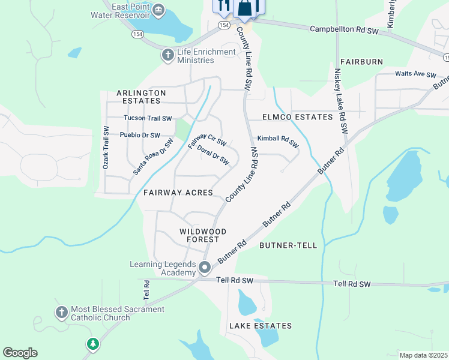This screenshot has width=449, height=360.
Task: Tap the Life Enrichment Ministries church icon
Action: tap(168, 55)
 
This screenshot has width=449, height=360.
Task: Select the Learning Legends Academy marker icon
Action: tap(205, 268)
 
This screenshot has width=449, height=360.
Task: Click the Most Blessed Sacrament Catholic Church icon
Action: tap(61, 313)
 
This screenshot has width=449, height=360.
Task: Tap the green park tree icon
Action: tap(92, 344)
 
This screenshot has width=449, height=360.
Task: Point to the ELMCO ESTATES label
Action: tap(297, 117)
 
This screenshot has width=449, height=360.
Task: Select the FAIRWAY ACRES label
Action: tap(178, 193)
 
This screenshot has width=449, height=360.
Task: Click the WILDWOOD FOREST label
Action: tap(203, 235)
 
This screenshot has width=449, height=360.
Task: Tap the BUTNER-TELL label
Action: tap(284, 246)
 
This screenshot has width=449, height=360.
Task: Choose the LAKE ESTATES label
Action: tap(261, 326)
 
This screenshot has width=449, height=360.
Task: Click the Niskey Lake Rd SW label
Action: tap(340, 100)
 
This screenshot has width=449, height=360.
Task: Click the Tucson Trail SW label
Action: tap(148, 119)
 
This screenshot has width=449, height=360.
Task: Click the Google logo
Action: tap(20, 353)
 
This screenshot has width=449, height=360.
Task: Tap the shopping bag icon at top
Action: tap(244, 8)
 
